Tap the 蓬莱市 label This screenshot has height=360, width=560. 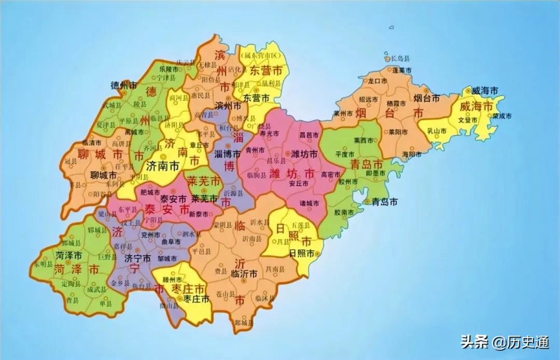(x=402, y=70)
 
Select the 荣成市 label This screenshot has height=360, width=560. (x=502, y=116)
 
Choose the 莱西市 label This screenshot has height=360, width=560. (x=363, y=141)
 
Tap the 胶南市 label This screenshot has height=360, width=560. (x=345, y=213)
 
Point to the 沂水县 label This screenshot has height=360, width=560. (x=260, y=222)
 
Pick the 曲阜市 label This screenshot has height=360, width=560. (x=171, y=242)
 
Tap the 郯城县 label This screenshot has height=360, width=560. (x=244, y=323)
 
